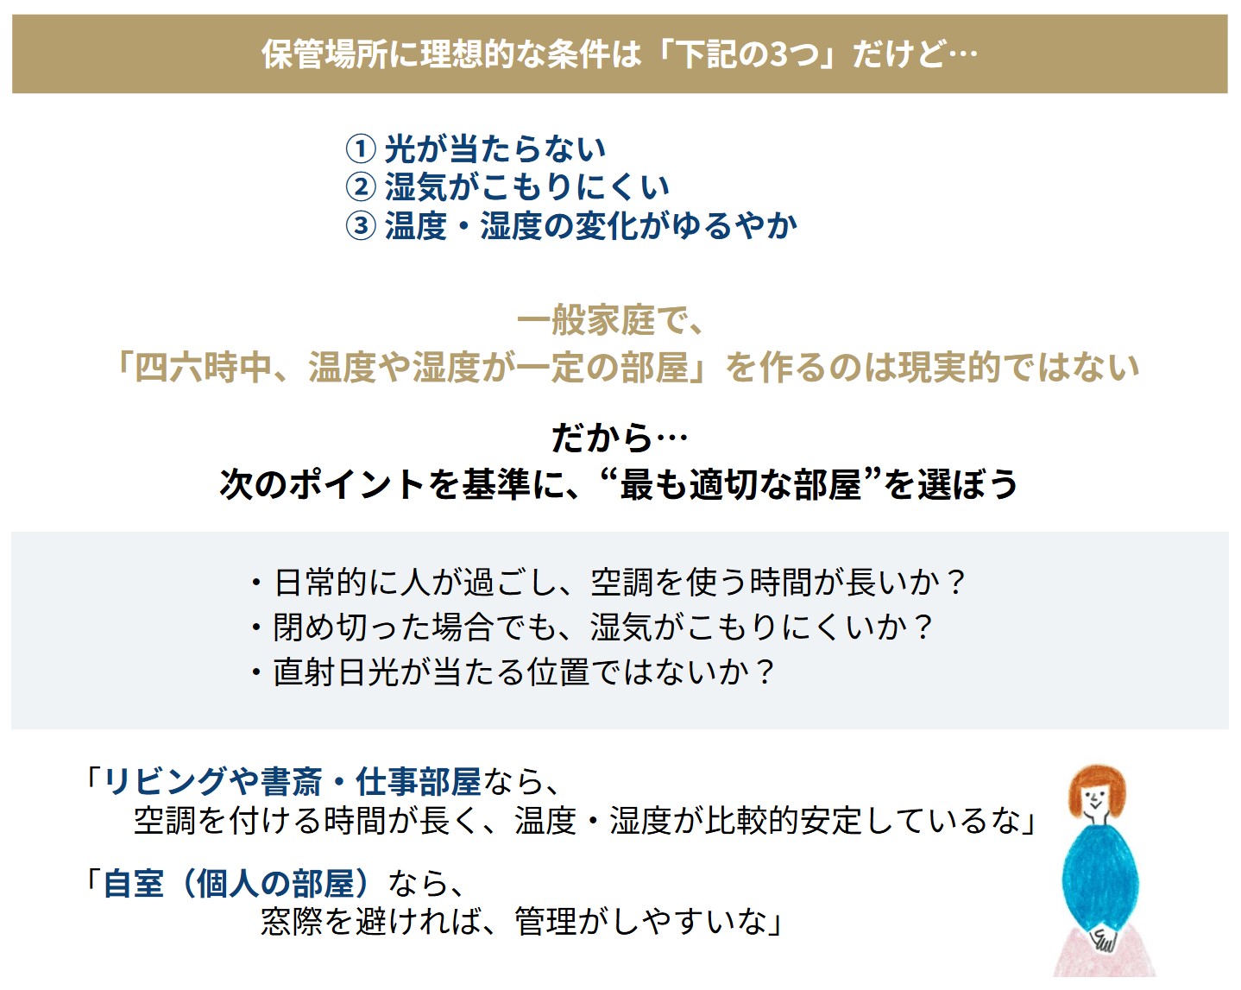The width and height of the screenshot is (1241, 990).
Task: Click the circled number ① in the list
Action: [x=361, y=148]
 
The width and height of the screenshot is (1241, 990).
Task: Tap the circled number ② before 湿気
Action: [x=361, y=186]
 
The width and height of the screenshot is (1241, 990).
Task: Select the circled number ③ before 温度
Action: [x=361, y=225]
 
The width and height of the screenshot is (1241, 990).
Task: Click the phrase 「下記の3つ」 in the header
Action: [x=746, y=54]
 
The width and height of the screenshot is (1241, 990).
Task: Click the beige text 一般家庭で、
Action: [x=611, y=321]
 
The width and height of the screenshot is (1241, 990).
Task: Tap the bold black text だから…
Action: [x=619, y=438]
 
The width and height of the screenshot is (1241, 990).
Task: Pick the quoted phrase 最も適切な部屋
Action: [x=740, y=484]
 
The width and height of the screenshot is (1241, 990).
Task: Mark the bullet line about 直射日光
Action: [x=513, y=672]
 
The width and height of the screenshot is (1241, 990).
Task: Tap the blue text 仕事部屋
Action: [x=419, y=782]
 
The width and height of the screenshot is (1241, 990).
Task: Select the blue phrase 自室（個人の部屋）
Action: [x=237, y=884]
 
